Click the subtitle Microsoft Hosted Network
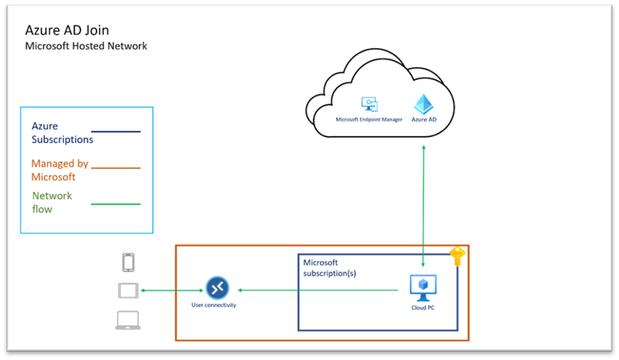[86, 46]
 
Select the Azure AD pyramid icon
[423, 104]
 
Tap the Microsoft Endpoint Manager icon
[368, 105]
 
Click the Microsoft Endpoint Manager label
[368, 120]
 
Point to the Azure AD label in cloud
[423, 120]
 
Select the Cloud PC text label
[423, 307]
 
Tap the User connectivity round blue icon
[216, 288]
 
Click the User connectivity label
[215, 306]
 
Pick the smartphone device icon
[128, 263]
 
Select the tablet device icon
[128, 291]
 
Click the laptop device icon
[128, 320]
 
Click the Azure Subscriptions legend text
[62, 133]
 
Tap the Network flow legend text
[52, 202]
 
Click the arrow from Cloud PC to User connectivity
[322, 289]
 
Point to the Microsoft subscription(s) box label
[333, 268]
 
